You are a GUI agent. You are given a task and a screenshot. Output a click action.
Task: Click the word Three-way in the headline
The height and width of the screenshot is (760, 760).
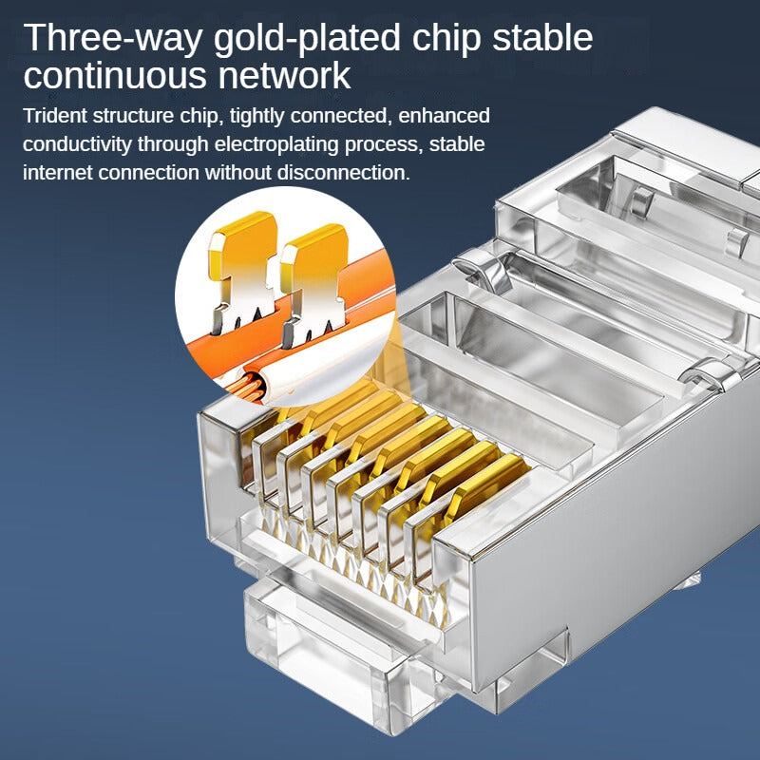[x=112, y=39]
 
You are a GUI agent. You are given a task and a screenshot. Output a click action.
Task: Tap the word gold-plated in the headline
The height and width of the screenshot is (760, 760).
[x=307, y=39]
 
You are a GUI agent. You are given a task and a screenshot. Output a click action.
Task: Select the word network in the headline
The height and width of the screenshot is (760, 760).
[x=284, y=77]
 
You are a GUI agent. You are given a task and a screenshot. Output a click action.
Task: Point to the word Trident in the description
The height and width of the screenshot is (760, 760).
[x=55, y=116]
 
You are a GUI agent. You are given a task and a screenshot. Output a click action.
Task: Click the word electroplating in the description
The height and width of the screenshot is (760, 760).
[x=276, y=145]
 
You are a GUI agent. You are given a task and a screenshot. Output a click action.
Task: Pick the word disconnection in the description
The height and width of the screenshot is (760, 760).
[x=343, y=173]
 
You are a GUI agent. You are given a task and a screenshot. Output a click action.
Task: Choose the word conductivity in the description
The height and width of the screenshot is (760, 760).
[x=77, y=145]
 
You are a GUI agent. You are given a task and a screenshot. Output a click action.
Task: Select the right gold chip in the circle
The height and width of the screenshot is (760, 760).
[x=314, y=285]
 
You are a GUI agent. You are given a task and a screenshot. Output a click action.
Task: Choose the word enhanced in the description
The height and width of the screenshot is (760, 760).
[x=444, y=116]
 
